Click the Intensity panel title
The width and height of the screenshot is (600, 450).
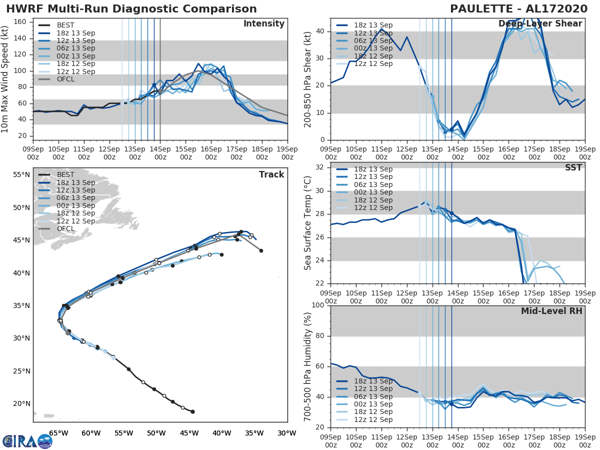[263, 24]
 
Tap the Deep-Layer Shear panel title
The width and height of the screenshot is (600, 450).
[540, 24]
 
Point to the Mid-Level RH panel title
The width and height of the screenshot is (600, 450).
[551, 311]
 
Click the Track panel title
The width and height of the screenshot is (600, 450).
[271, 174]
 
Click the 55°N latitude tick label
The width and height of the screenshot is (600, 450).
[21, 175]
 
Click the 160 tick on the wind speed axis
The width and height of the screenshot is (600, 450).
[20, 21]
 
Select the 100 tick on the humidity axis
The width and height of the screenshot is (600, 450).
[317, 305]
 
